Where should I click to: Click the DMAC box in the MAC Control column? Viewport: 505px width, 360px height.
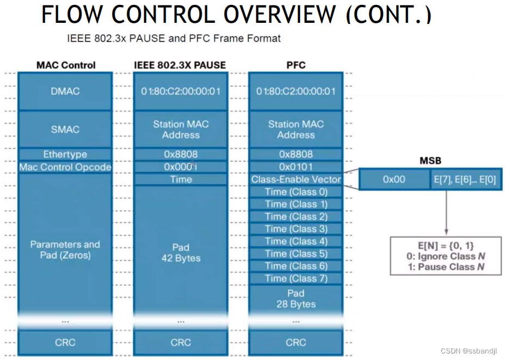[65, 91]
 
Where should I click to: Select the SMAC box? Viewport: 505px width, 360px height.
[65, 129]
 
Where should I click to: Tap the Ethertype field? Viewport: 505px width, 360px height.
[65, 154]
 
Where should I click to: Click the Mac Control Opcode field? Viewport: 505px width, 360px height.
[65, 167]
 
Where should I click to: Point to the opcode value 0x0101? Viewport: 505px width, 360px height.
[295, 167]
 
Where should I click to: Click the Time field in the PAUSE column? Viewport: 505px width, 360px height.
[181, 179]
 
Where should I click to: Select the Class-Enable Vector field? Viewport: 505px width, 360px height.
[295, 179]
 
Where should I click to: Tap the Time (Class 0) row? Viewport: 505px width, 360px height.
[295, 192]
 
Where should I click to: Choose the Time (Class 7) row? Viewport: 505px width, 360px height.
[295, 279]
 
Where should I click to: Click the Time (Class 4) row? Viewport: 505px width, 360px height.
[295, 241]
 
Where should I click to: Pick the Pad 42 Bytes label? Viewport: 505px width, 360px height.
[181, 252]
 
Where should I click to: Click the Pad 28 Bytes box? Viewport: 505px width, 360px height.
[295, 299]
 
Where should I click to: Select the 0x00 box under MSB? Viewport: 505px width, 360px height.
[394, 179]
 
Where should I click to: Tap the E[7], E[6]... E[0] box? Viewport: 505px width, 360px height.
[466, 179]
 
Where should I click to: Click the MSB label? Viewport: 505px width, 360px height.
[430, 161]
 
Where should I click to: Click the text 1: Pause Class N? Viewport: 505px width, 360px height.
[446, 267]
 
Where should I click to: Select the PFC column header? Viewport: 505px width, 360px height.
[295, 65]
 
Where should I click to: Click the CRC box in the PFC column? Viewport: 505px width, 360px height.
[295, 343]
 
